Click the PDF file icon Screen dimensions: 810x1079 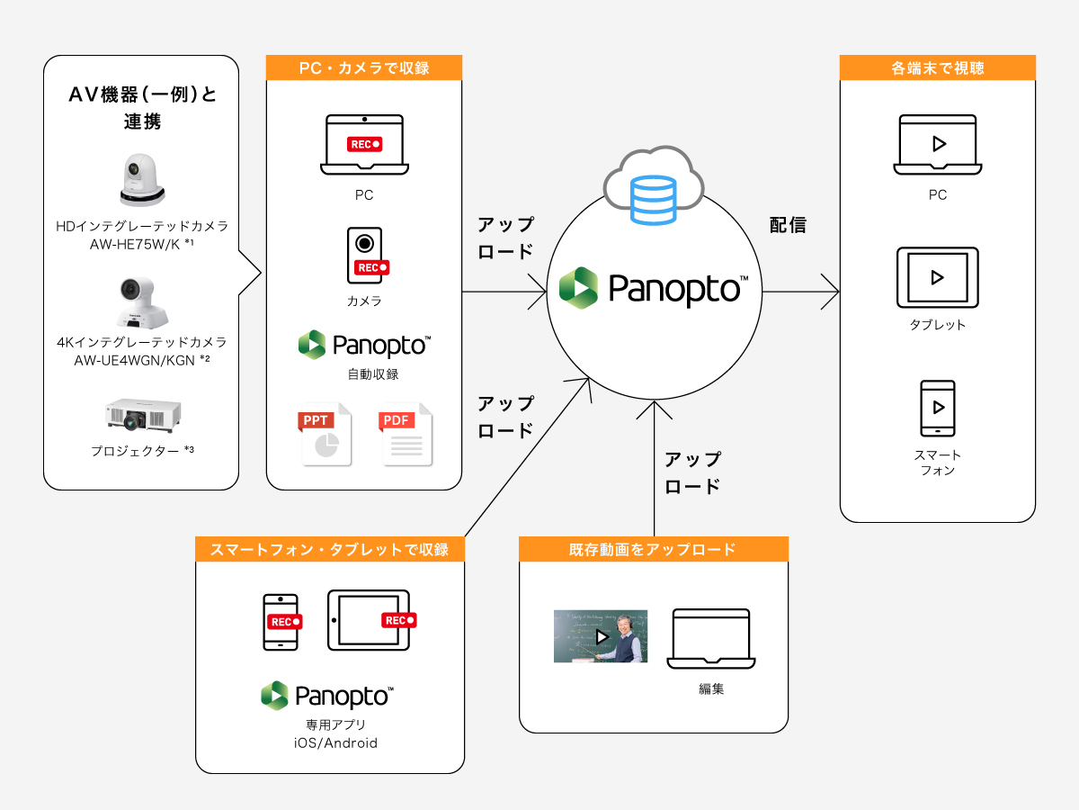[406, 434]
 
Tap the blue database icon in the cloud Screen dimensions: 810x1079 [654, 200]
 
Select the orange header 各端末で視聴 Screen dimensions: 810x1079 [937, 67]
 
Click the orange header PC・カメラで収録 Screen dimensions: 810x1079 [364, 67]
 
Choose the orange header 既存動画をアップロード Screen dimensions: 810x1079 [654, 549]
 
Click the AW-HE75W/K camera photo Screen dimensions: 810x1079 [142, 180]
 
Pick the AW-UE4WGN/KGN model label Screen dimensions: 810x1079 [141, 360]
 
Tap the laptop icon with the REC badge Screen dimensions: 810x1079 [364, 145]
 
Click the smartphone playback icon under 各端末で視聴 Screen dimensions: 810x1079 [938, 409]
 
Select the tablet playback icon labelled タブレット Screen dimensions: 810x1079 [938, 277]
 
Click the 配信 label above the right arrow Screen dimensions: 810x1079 [788, 225]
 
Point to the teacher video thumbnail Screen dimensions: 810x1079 [600, 636]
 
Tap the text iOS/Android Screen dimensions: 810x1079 [330, 743]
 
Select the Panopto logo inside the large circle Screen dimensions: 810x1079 [654, 288]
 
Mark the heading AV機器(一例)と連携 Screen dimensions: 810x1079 [143, 107]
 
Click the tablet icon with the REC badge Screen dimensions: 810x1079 [369, 620]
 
